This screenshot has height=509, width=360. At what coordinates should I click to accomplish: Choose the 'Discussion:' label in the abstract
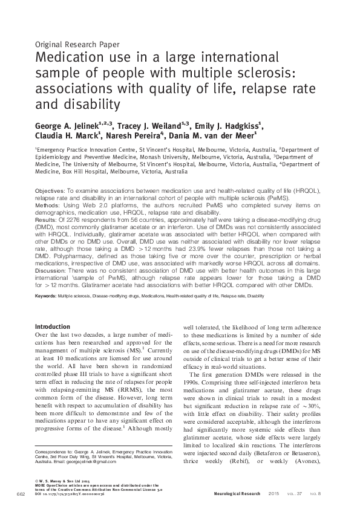pos(51,270)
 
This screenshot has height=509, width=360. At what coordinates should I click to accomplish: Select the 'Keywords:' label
pos(46,296)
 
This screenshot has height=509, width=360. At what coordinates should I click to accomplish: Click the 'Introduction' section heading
pos(53,326)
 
